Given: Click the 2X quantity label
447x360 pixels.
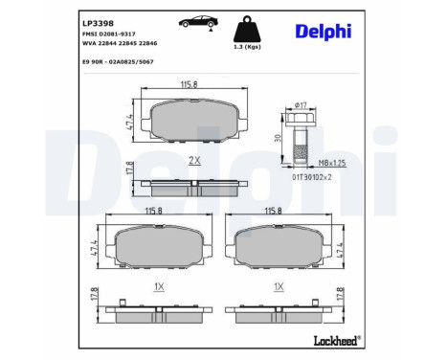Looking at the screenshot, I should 194,160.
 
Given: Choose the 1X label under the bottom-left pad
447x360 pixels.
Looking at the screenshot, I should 159,286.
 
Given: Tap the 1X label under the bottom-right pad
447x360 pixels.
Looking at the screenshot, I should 279,286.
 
